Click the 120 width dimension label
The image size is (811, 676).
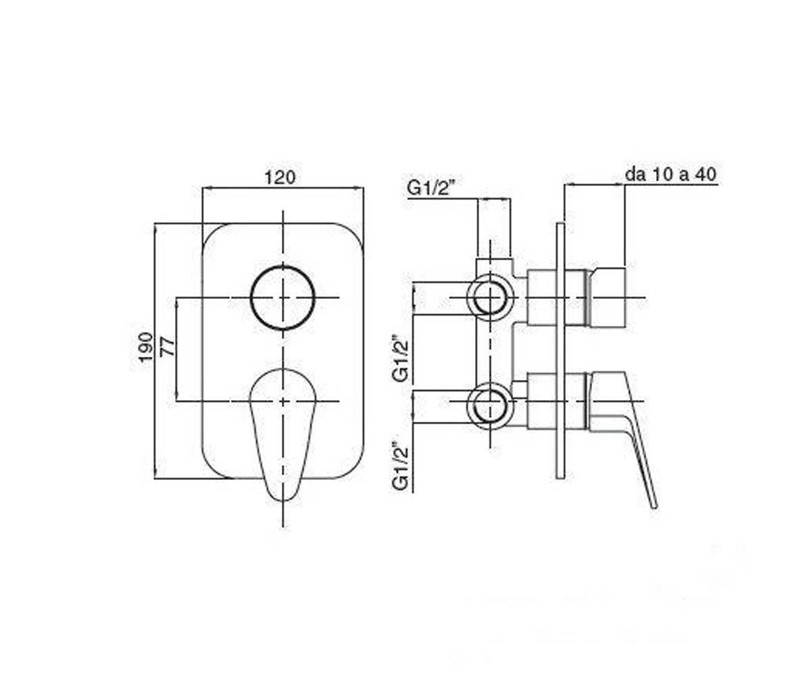point(280,178)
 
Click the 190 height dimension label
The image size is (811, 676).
point(146,347)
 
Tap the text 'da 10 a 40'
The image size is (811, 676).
point(671,174)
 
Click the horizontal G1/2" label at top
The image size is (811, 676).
point(431,189)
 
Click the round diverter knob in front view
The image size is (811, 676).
point(282,266)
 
